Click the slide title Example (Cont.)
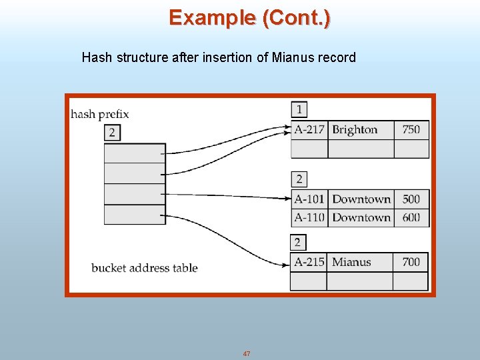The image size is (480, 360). [249, 17]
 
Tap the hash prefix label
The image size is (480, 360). [100, 114]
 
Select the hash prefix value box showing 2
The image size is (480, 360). [112, 132]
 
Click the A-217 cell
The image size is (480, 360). [309, 129]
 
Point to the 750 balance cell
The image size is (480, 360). [411, 129]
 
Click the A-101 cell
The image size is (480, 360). [309, 199]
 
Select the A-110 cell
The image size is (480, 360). [309, 217]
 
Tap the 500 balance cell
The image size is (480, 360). [411, 199]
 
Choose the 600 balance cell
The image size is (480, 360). [411, 217]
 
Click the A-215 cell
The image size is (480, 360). [309, 262]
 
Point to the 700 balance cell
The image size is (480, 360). [411, 262]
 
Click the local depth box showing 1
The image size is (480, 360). [299, 109]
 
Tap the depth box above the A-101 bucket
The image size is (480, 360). [299, 179]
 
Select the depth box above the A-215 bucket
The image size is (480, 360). [299, 242]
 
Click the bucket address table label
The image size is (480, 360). [145, 268]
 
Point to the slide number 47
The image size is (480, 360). [247, 353]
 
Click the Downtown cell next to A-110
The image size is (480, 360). [361, 217]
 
